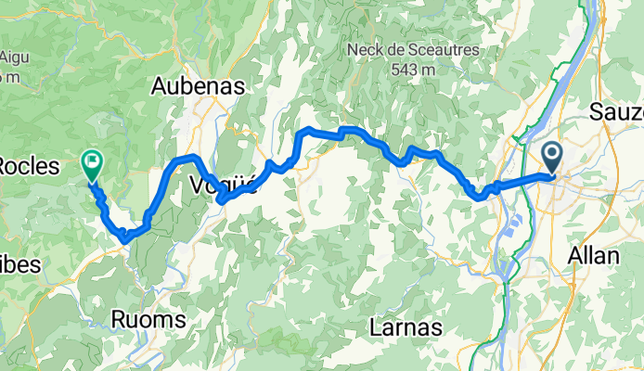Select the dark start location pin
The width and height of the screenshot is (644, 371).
[551, 157]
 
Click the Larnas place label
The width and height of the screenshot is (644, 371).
[405, 327]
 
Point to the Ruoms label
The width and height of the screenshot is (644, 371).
[148, 319]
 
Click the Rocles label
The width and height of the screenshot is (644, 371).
[28, 167]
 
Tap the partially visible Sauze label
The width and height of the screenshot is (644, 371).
[617, 112]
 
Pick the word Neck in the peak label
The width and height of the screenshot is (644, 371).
[364, 49]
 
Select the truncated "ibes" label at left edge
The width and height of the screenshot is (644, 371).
[20, 264]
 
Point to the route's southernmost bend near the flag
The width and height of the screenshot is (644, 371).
[124, 241]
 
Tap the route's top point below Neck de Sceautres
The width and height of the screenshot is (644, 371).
[345, 129]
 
